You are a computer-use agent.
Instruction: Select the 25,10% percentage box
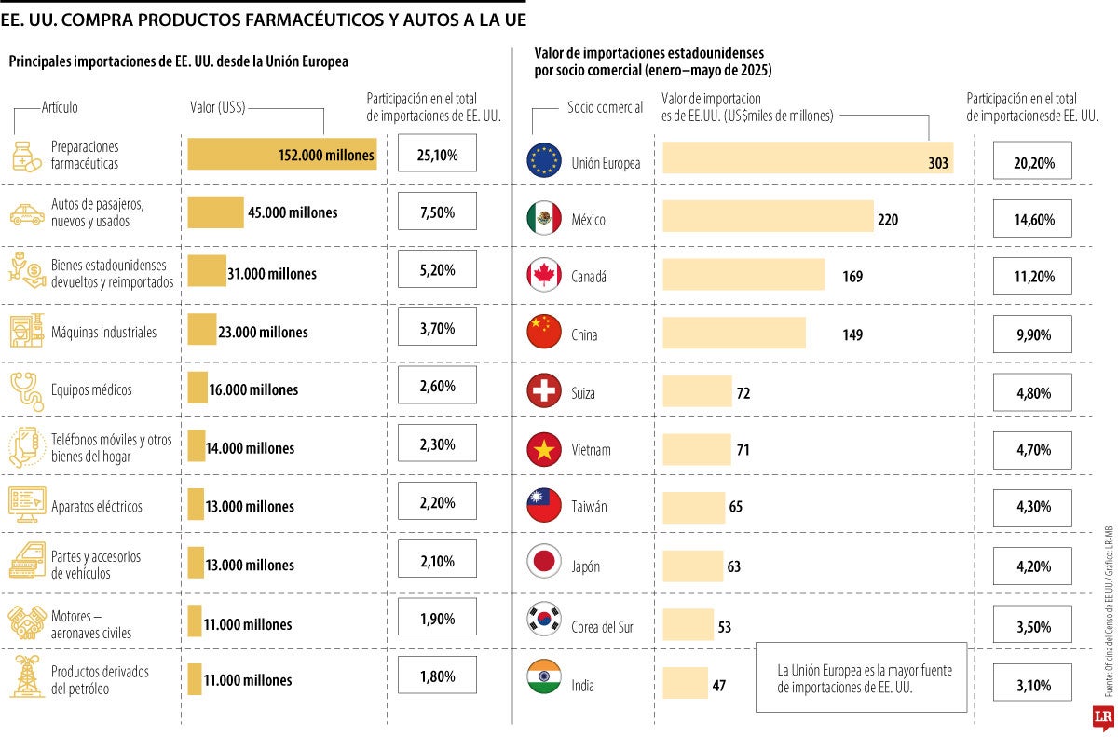[x=437, y=155]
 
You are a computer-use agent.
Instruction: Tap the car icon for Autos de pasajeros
[x=27, y=213]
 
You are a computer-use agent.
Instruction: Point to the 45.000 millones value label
[x=293, y=212]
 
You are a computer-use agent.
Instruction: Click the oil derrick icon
[x=27, y=676]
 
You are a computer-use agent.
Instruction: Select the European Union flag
[x=543, y=161]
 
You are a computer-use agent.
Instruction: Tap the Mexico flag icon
[x=543, y=219]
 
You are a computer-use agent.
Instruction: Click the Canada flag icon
[x=543, y=276]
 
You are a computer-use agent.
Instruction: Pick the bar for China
[x=733, y=334]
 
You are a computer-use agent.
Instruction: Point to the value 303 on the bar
[x=938, y=163]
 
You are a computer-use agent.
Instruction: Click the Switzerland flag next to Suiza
[x=543, y=392]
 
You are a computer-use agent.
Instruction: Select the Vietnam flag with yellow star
[x=543, y=450]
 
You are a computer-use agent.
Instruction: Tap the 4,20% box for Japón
[x=1032, y=566]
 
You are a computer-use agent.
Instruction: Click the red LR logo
[x=1103, y=717]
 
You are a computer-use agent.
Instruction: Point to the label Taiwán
[x=589, y=508]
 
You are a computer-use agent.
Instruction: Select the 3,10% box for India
[x=1032, y=685]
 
